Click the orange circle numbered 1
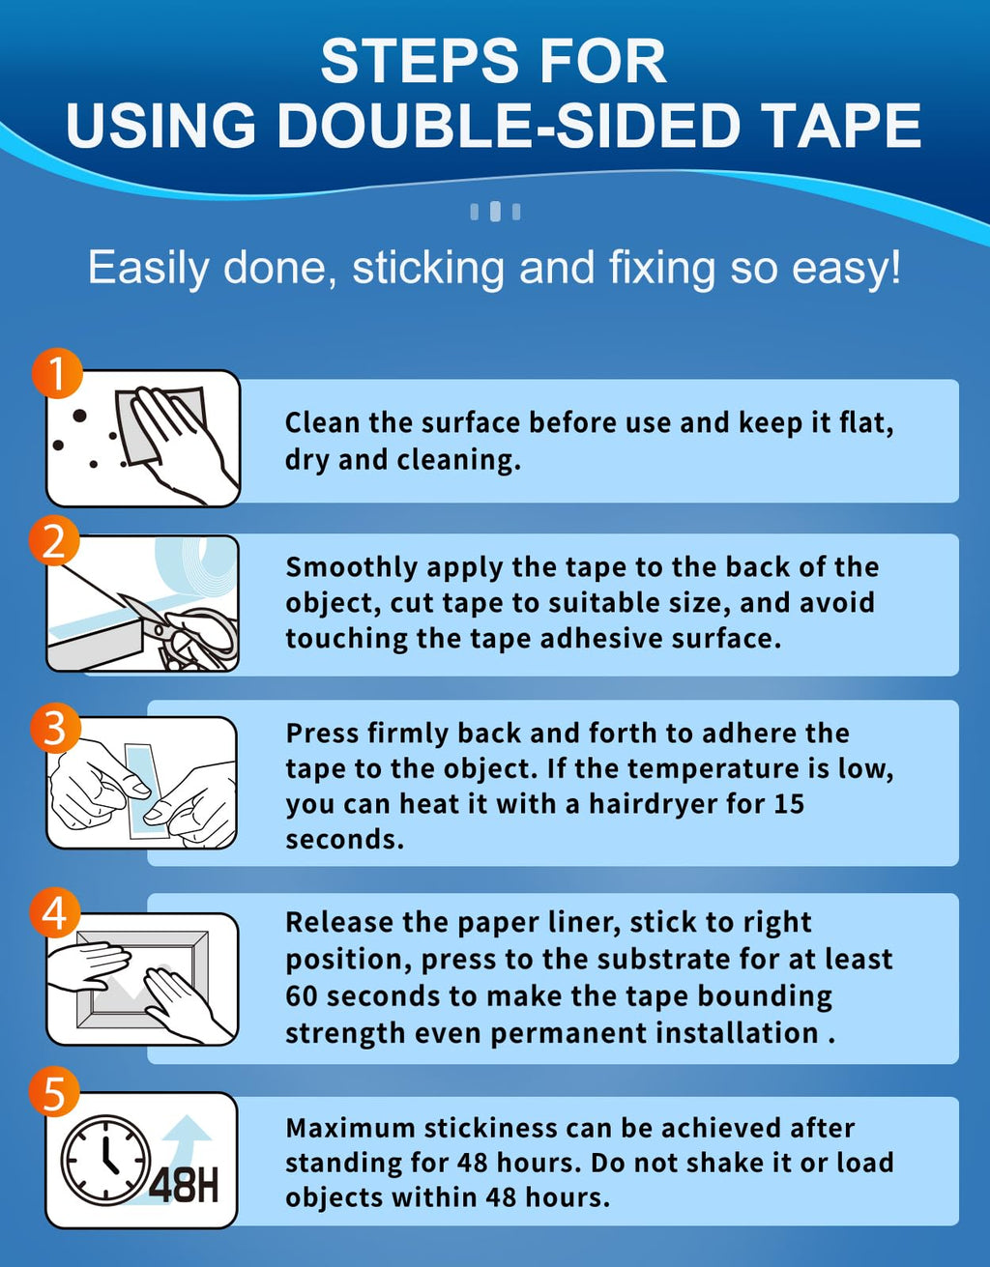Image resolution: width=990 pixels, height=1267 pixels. [x=57, y=373]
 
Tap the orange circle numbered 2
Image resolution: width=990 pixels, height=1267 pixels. [x=53, y=540]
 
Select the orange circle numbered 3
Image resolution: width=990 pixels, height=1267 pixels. [x=55, y=729]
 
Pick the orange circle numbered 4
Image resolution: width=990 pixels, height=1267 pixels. [x=55, y=912]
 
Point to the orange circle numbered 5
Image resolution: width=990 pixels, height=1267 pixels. [x=53, y=1094]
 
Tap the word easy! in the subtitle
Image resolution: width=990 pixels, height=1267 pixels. [x=845, y=269]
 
